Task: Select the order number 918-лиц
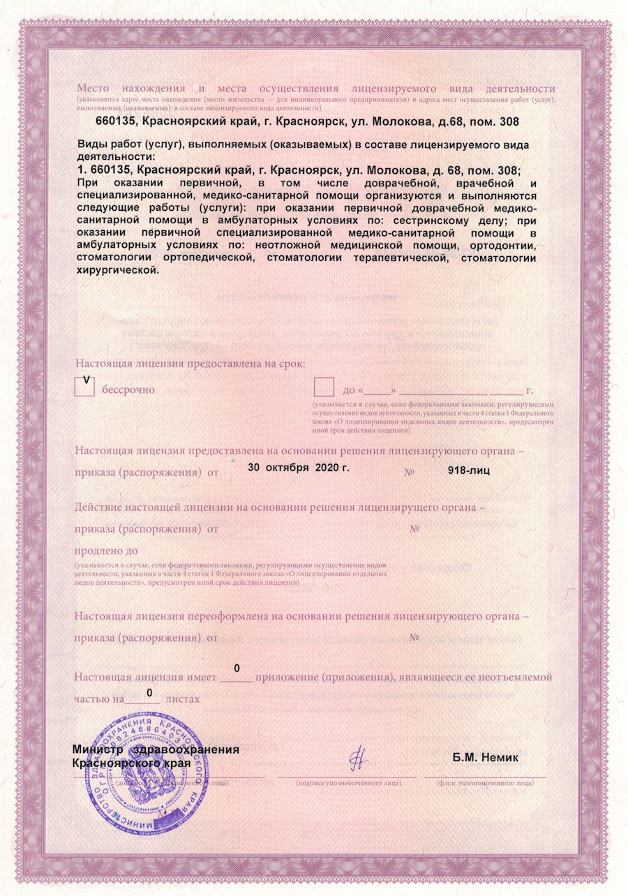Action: tap(468, 471)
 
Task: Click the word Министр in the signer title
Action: tap(98, 749)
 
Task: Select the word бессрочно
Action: tap(128, 389)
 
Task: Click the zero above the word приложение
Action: tap(237, 668)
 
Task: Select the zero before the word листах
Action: tap(149, 691)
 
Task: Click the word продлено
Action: tap(102, 552)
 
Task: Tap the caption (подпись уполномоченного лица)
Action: tap(348, 783)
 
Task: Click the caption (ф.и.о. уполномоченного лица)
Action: tap(486, 783)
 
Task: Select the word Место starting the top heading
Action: tap(94, 89)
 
